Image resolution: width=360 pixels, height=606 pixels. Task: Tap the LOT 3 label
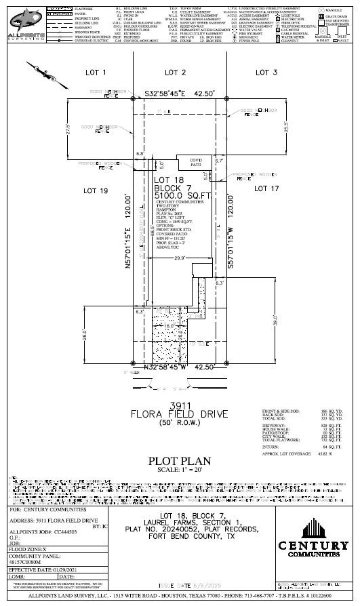tap(266, 72)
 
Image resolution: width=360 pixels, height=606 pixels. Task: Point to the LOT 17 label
tap(266, 189)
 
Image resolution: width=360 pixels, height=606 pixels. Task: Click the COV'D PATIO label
tap(197, 162)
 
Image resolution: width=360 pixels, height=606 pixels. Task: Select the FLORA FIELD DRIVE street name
tap(180, 413)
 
